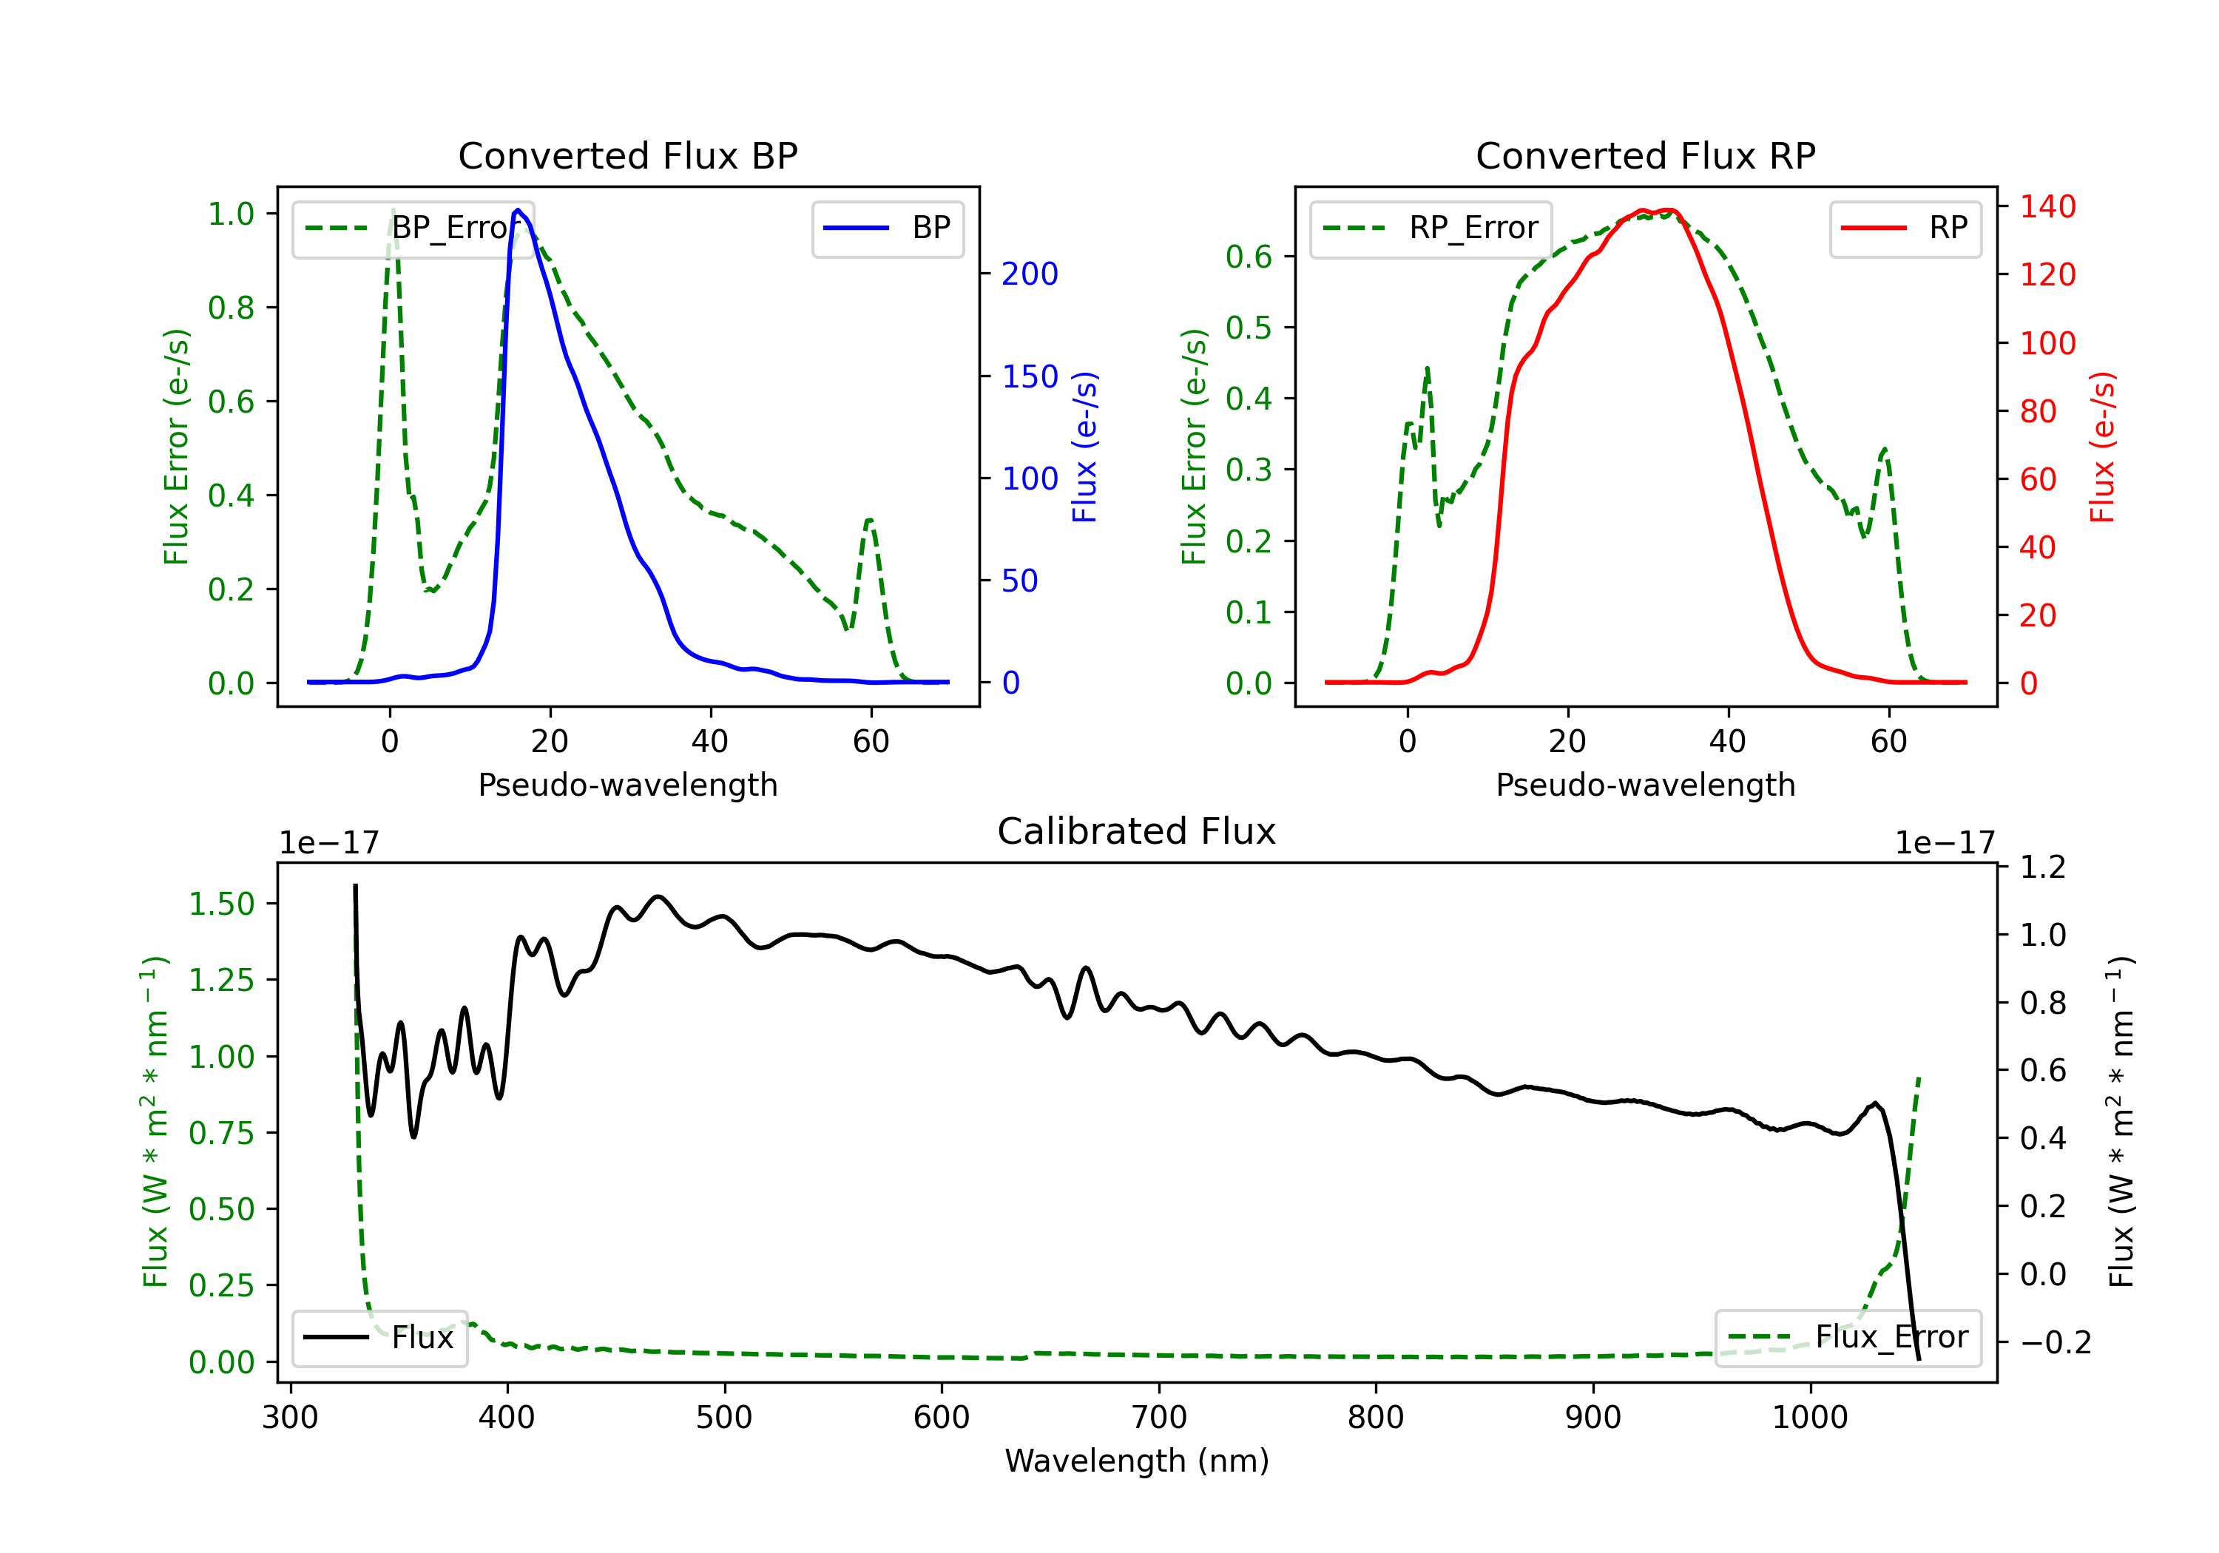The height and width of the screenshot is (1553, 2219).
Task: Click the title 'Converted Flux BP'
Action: [x=627, y=155]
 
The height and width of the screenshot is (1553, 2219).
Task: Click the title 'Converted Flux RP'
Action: [x=1645, y=155]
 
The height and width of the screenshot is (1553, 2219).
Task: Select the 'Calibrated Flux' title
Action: [x=1137, y=831]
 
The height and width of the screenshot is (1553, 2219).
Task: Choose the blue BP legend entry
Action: [x=887, y=228]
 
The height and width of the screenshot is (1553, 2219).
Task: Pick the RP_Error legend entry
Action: [x=1431, y=228]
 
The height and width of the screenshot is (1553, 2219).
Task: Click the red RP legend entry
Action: [x=1905, y=228]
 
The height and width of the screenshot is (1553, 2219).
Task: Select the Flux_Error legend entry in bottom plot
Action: [x=1848, y=1338]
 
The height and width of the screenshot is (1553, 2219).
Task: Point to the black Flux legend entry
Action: [x=379, y=1338]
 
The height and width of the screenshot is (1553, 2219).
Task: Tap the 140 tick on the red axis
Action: [x=2047, y=207]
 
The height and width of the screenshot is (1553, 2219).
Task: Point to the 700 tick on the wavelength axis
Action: [x=1159, y=1418]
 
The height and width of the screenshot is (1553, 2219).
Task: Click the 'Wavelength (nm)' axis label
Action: [x=1137, y=1461]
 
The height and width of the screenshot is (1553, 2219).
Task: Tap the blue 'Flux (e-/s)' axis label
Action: [x=1085, y=447]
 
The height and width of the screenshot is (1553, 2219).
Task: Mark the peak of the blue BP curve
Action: [x=518, y=210]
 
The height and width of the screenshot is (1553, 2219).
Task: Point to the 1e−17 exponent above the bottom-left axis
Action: [x=328, y=843]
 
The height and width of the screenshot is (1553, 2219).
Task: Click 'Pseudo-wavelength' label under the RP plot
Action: [x=1645, y=785]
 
